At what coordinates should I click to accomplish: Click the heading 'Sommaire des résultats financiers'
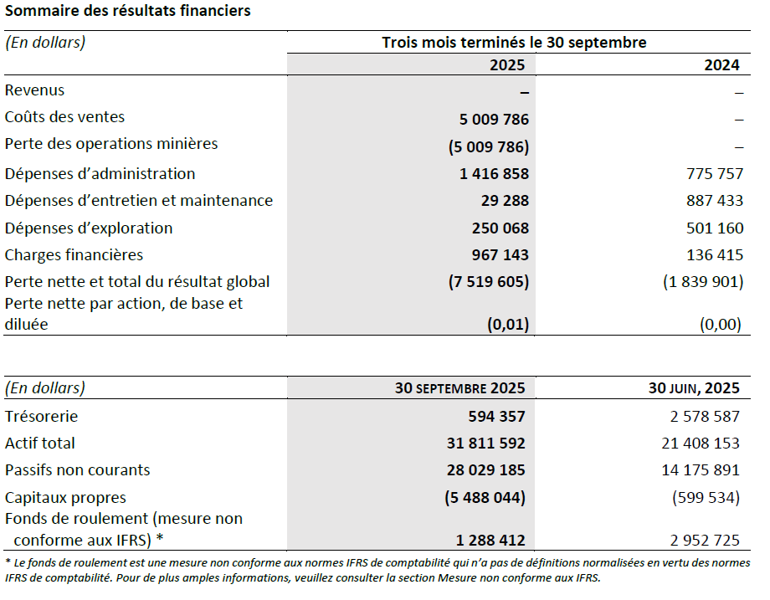[127, 11]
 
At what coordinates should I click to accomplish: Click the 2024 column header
[721, 65]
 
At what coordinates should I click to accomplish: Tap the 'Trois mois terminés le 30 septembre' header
[514, 43]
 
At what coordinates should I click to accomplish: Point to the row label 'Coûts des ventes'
[65, 117]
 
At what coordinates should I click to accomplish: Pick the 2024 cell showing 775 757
[708, 174]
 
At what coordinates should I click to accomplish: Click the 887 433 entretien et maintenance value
[708, 201]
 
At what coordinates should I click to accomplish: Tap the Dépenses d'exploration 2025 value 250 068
[495, 228]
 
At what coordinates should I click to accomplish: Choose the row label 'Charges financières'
[74, 255]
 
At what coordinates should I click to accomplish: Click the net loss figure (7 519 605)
[489, 282]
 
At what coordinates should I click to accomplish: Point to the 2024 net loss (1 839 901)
[701, 282]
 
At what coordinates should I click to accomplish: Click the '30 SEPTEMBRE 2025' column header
[460, 388]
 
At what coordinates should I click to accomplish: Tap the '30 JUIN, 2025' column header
[694, 388]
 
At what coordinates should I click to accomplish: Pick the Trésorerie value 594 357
[496, 417]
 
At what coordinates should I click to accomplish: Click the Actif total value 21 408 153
[701, 444]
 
